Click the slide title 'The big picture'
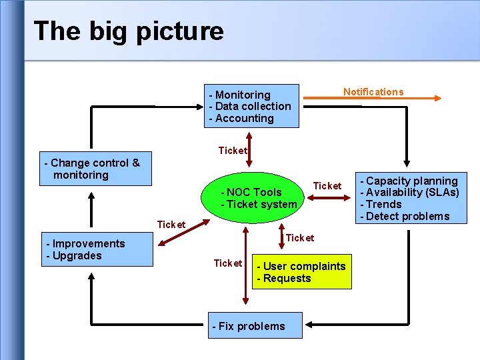(x=129, y=31)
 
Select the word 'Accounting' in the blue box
(x=245, y=118)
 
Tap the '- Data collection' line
(x=250, y=106)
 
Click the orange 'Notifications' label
(x=373, y=92)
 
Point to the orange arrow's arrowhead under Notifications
(x=437, y=98)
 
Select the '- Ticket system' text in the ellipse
(x=259, y=204)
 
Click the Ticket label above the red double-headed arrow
(x=327, y=185)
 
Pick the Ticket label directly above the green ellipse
(x=233, y=151)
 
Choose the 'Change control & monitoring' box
(x=95, y=169)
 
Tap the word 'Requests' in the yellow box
(x=287, y=278)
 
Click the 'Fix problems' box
(x=255, y=326)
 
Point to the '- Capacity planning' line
(x=409, y=181)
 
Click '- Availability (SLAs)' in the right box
(x=409, y=192)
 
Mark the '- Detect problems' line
(x=405, y=216)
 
